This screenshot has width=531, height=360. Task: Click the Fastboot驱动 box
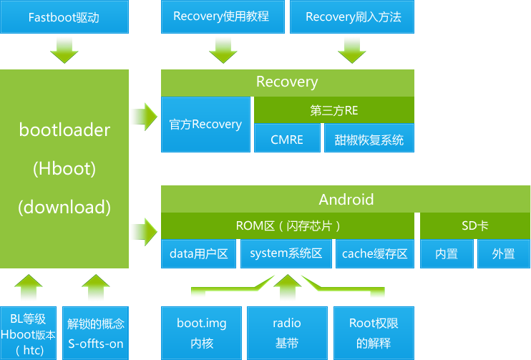coord(64,16)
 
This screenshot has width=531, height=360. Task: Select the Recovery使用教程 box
coord(221,16)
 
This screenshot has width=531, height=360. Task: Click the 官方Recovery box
coord(205,125)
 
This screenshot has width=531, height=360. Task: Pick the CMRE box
coord(286,140)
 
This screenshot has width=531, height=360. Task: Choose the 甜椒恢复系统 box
coord(369,140)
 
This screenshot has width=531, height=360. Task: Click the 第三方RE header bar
coord(333,111)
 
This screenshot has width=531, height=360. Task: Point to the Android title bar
coord(346,199)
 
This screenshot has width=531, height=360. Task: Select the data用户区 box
coord(199,253)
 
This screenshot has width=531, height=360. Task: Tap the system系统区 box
coord(286,253)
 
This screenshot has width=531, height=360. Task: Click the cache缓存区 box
coord(374,253)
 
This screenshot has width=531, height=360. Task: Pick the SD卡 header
coord(475,225)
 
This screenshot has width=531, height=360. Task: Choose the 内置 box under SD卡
coord(447,253)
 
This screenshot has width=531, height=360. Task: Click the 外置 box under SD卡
coord(503,253)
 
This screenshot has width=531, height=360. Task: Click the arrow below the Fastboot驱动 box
coord(64,49)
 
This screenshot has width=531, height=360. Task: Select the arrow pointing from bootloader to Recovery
coord(144,115)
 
